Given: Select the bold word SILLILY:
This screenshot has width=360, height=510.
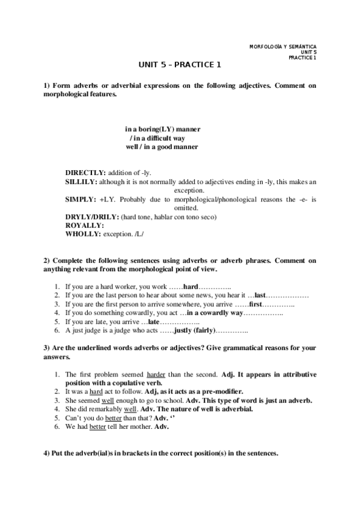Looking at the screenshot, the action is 81,181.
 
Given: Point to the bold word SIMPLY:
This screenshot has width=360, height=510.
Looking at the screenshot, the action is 80,198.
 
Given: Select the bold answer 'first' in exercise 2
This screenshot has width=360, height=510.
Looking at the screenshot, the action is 257,305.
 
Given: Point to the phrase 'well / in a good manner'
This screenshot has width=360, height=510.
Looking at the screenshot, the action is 162,147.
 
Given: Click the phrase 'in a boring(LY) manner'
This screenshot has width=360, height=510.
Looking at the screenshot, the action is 162,129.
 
